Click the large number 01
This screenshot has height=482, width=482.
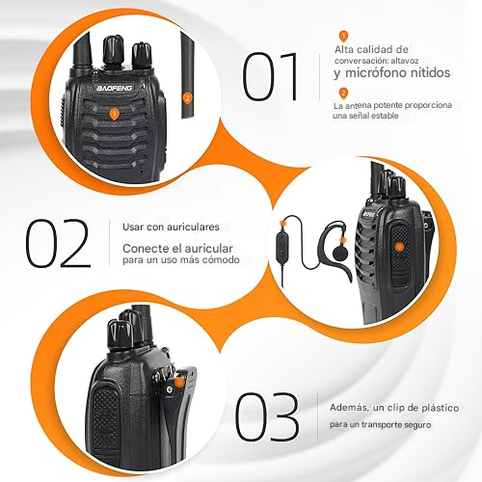[x=274, y=77]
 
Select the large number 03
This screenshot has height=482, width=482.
[x=267, y=416]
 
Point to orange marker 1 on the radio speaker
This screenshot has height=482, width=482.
[x=115, y=114]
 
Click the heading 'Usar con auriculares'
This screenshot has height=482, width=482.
[x=171, y=227]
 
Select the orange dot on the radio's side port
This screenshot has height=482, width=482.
[x=398, y=248]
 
